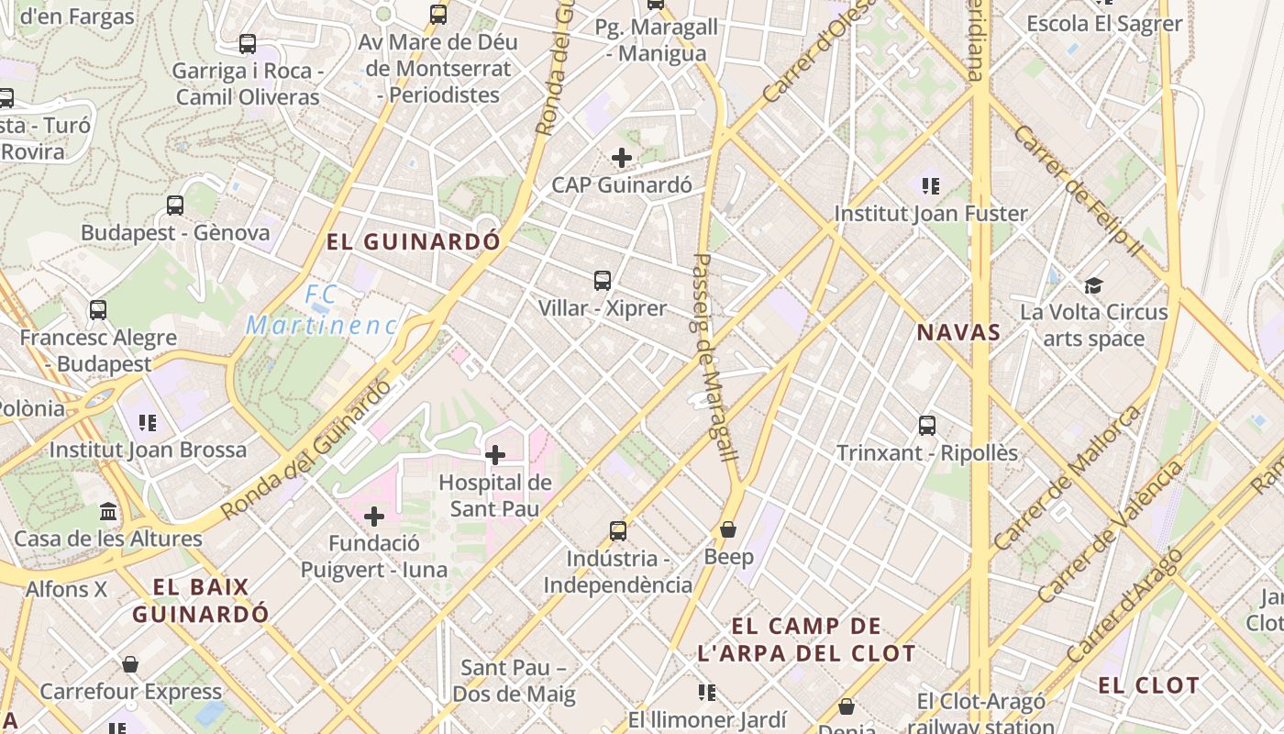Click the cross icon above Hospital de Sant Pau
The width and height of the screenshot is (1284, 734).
(x=495, y=454)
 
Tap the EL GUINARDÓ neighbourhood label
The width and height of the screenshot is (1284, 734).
(x=415, y=242)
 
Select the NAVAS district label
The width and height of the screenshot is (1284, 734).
(x=958, y=332)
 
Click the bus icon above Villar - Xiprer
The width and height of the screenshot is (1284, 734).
(x=603, y=281)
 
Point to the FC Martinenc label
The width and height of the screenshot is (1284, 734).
(x=322, y=310)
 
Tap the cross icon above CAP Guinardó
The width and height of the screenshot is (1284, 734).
(x=622, y=158)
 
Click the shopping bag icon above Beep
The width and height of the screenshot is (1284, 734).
(x=728, y=529)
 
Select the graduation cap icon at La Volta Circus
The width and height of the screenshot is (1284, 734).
(x=1093, y=286)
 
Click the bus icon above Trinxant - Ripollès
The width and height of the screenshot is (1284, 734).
(x=927, y=426)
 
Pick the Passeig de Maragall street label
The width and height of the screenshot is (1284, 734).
(x=714, y=358)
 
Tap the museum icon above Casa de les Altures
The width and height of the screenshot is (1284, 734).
(x=108, y=511)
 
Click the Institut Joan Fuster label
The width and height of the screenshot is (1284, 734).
(x=931, y=214)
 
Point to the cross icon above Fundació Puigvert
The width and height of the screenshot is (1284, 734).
(x=374, y=517)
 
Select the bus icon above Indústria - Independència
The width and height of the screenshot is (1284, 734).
(x=618, y=530)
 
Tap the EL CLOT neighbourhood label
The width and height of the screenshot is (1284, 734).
(x=1148, y=685)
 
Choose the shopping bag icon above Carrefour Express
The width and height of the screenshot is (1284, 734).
(x=130, y=664)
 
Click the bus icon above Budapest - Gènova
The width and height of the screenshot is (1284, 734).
(x=175, y=206)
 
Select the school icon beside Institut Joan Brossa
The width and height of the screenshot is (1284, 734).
(x=148, y=423)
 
